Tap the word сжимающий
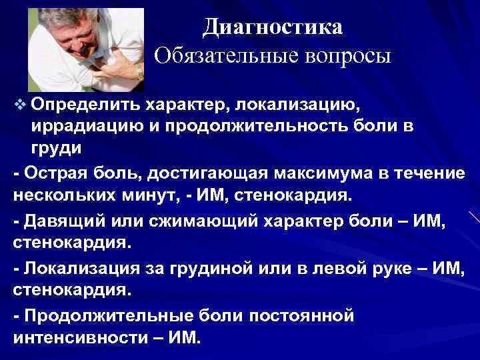(x=176, y=222)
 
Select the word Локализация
(x=74, y=269)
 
